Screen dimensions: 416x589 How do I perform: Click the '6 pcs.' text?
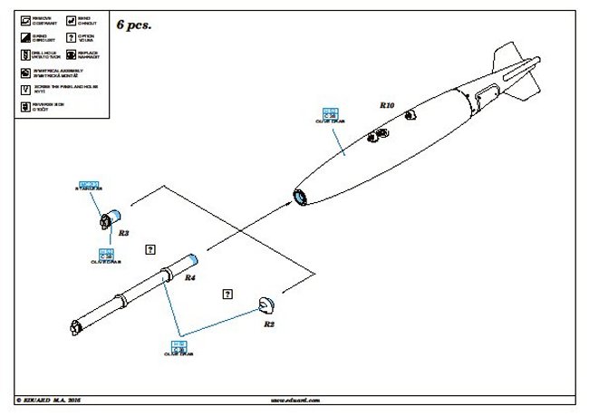click(135, 25)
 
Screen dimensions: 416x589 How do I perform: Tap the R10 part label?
click(387, 106)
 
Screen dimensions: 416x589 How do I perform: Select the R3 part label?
click(123, 233)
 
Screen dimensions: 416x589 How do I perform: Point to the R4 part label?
click(190, 278)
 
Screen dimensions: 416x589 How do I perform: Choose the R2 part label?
click(269, 323)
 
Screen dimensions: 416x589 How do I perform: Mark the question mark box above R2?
click(226, 292)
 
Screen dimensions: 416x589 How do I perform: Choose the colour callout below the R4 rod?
click(179, 346)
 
